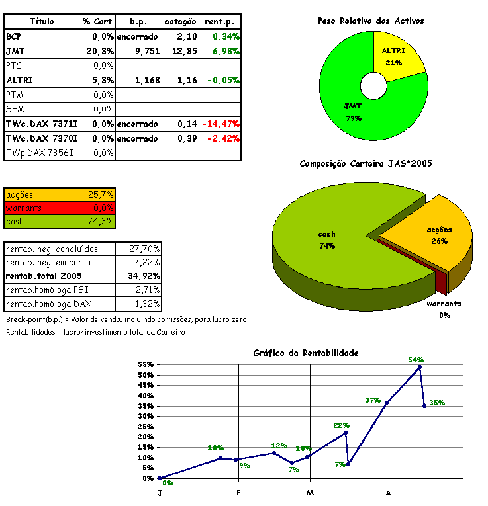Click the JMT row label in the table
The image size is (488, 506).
pyautogui.click(x=13, y=51)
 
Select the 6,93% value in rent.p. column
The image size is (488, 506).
pyautogui.click(x=226, y=51)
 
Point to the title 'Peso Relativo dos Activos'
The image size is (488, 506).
pyautogui.click(x=371, y=21)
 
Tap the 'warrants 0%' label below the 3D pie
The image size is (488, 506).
pyautogui.click(x=443, y=309)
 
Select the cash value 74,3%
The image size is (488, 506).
pyautogui.click(x=101, y=221)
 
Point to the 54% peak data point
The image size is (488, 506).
pyautogui.click(x=420, y=367)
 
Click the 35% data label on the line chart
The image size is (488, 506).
pyautogui.click(x=437, y=403)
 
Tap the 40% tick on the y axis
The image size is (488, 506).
pyautogui.click(x=146, y=396)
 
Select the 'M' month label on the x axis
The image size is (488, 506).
pyautogui.click(x=310, y=493)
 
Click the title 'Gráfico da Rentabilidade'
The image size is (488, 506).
pyautogui.click(x=306, y=353)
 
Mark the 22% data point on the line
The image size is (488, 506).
pyautogui.click(x=346, y=433)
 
